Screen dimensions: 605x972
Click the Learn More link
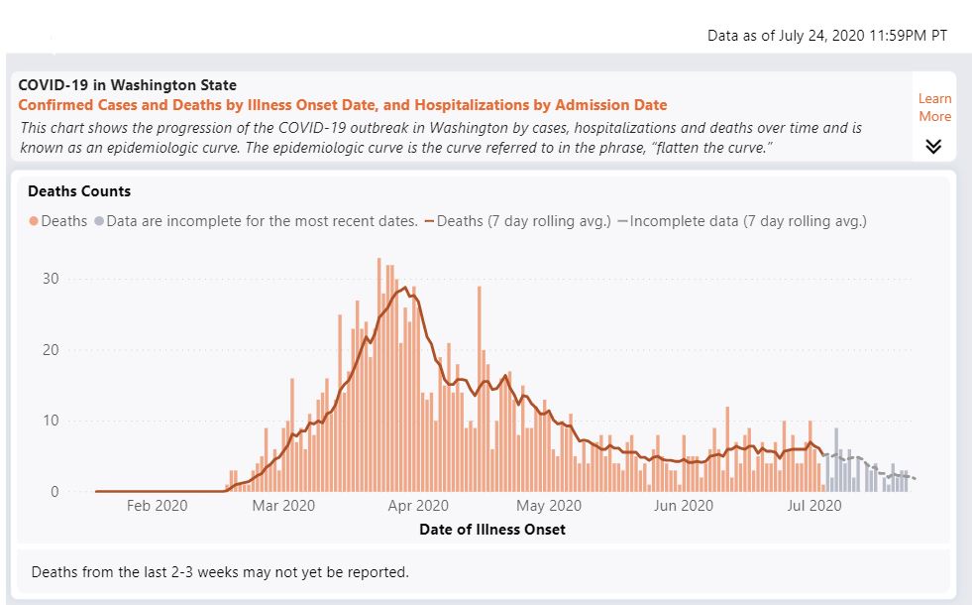(934, 107)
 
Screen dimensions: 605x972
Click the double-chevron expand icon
(933, 147)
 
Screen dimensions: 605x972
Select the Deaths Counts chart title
(79, 190)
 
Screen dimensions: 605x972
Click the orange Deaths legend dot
(34, 221)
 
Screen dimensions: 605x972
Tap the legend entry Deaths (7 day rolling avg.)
(516, 221)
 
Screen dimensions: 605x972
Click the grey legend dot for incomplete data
(99, 221)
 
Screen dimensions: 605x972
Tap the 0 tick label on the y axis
(54, 492)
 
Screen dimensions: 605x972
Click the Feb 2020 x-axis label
(157, 506)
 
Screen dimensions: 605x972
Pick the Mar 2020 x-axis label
(284, 506)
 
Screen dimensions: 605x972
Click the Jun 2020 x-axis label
(685, 506)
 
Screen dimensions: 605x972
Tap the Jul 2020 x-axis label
(813, 506)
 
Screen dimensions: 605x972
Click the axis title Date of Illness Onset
(492, 530)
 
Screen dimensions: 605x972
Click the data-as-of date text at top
(826, 36)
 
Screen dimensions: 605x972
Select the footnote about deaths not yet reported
(220, 572)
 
